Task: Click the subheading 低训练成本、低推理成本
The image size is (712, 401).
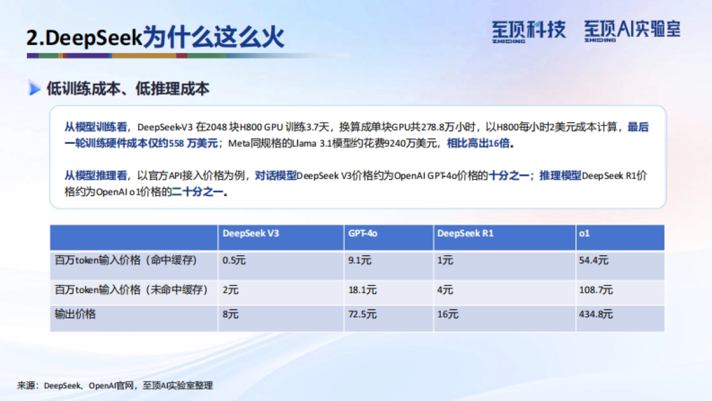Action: point(128,89)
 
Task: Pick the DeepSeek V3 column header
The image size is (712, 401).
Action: point(250,233)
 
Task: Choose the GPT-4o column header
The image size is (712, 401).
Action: point(363,233)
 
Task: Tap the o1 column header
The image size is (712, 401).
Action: point(584,233)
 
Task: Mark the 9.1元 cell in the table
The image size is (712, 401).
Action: point(360,260)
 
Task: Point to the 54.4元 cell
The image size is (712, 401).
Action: point(593,260)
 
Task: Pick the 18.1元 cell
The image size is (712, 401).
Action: point(362,290)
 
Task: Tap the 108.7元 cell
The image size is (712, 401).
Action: point(596,290)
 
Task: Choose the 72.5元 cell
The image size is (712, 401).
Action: point(362,314)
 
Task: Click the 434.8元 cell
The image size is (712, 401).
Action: point(596,314)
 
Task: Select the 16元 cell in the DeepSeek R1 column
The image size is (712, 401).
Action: point(448,314)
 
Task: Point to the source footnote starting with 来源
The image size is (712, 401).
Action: point(115,386)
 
